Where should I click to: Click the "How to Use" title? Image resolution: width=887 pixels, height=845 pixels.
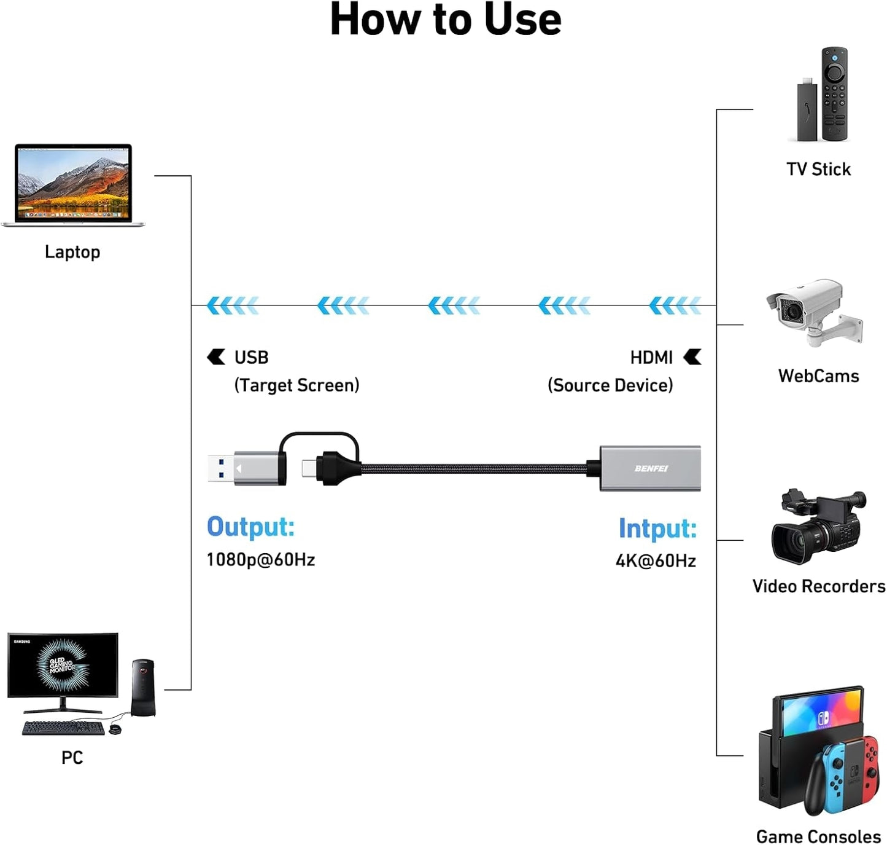coord(445,20)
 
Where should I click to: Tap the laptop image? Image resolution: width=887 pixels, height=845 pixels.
coord(73,184)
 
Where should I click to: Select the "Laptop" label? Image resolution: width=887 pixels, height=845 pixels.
coord(72,252)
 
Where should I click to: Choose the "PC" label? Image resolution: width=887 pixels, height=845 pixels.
coord(72,758)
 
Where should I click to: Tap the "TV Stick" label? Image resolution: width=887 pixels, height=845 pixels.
coord(818,170)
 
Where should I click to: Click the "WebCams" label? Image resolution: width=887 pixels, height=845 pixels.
coord(818,376)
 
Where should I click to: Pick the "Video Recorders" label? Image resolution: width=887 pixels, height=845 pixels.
coord(818,586)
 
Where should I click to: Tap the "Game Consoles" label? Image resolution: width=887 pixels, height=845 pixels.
coord(818,836)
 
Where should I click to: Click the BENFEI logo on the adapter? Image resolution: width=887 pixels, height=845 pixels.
coord(651,468)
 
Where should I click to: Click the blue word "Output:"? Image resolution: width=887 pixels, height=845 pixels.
coord(250,527)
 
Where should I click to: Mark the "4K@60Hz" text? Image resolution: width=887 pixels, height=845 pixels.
coord(656,561)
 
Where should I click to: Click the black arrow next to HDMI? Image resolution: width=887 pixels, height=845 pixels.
coord(692,357)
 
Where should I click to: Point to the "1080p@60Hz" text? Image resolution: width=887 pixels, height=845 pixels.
coord(261,560)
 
